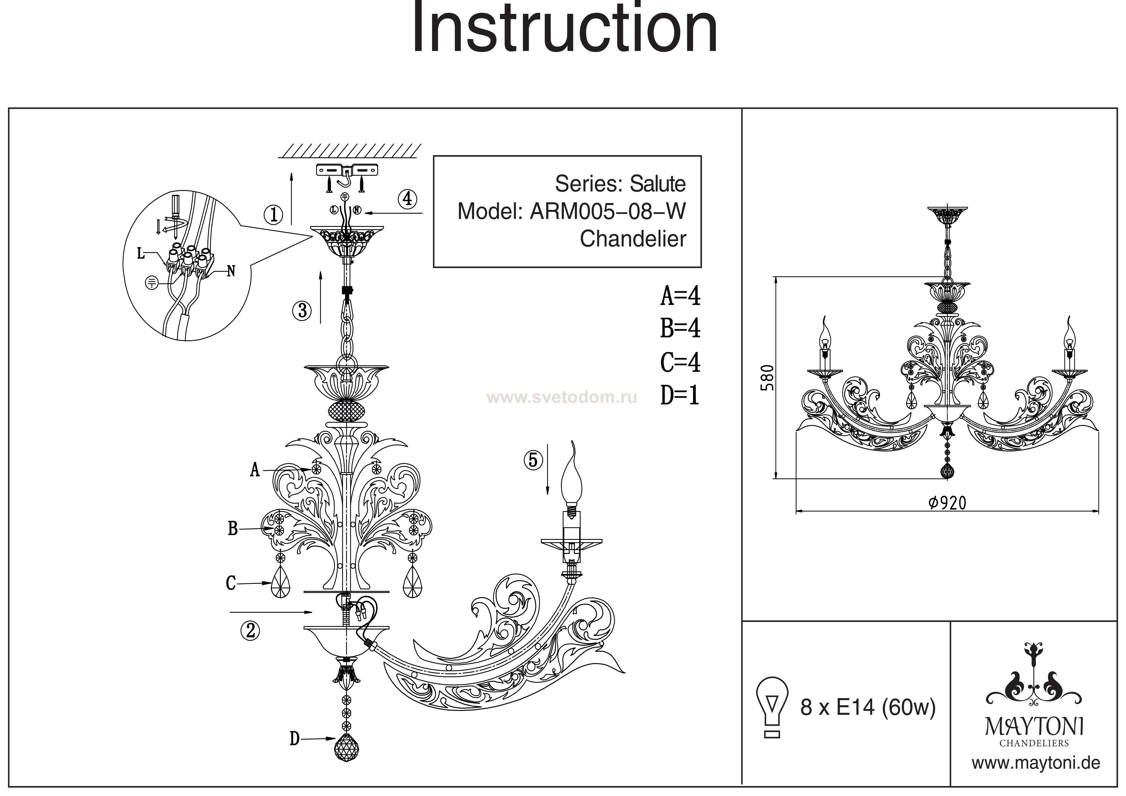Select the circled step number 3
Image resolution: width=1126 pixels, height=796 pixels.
click(302, 310)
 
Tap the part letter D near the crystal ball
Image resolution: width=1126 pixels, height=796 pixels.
click(295, 738)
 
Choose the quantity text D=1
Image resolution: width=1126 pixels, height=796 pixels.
click(680, 395)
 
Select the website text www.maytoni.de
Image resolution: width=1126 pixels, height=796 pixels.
click(1036, 763)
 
